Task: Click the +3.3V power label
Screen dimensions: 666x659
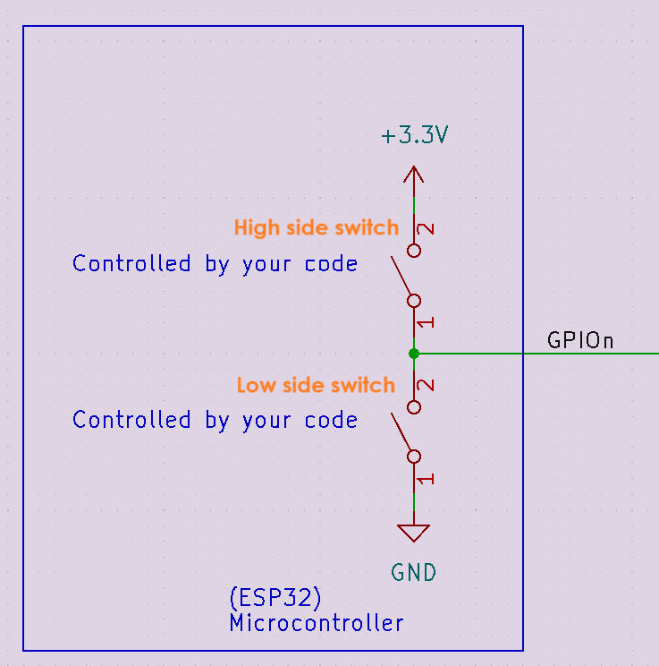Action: pos(414,137)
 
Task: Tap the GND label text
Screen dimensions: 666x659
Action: pos(414,572)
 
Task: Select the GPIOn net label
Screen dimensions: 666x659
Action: pos(580,341)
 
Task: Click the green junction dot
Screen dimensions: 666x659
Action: pos(413,354)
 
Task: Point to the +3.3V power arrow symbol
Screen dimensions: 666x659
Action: pos(413,174)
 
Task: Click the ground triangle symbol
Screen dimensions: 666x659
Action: pos(413,533)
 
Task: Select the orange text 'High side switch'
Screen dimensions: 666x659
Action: pos(316,227)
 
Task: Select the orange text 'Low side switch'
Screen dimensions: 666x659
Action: pos(316,385)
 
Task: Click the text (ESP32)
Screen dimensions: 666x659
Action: pos(275,597)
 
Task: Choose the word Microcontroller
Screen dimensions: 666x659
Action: pos(316,622)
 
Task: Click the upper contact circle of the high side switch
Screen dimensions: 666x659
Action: pos(413,250)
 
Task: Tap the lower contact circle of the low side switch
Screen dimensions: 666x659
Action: pos(413,457)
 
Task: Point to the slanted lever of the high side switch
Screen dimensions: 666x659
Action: pos(401,277)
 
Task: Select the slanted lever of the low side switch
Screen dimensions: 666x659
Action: pos(401,433)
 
